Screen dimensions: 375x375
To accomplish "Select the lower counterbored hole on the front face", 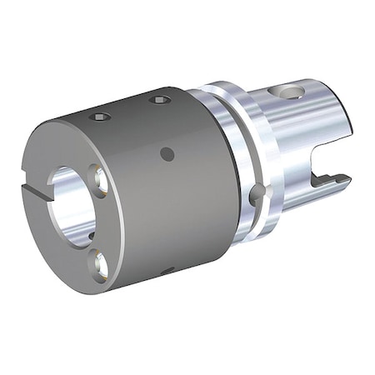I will pyautogui.click(x=101, y=266).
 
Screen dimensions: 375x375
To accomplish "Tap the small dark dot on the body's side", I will pyautogui.click(x=167, y=153).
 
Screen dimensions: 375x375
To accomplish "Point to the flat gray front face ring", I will pyautogui.click(x=58, y=250).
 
